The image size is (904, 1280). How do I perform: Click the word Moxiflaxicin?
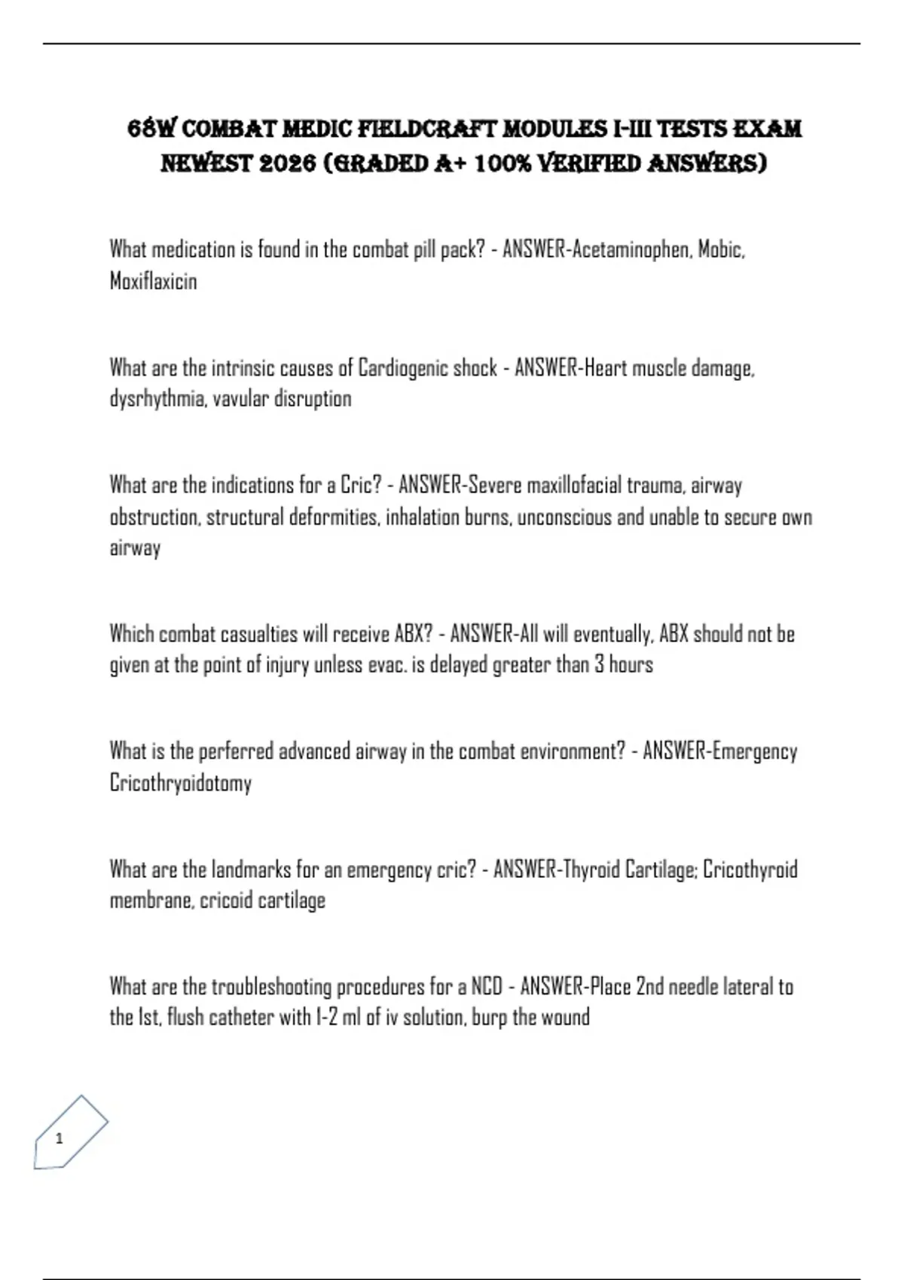point(153,282)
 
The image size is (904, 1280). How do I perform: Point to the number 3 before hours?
point(599,665)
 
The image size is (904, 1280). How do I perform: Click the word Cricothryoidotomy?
point(180,783)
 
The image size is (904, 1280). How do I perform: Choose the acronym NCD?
point(487,986)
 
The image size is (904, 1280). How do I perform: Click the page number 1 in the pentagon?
point(60,1138)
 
